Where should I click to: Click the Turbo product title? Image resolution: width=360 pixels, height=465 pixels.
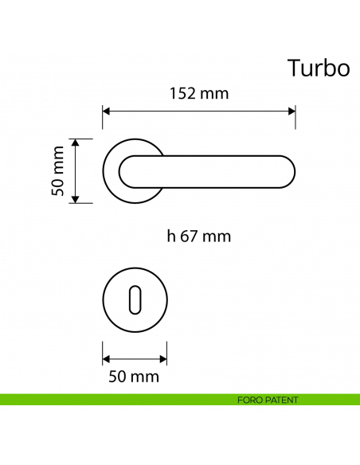pos(318,68)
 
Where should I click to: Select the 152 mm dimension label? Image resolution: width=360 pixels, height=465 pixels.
pos(199,93)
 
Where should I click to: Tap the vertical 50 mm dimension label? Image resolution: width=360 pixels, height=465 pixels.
pos(57,170)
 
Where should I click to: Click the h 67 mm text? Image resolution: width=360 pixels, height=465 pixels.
pos(199,236)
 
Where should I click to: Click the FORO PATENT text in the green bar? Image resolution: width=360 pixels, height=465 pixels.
pos(268,400)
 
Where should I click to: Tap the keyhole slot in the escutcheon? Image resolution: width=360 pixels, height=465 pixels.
pos(135,303)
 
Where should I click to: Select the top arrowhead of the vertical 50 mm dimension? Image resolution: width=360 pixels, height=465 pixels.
pos(76,143)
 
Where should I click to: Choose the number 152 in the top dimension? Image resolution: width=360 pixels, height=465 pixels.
pos(184,93)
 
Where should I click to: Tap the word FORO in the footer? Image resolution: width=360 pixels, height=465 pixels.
pos(248,400)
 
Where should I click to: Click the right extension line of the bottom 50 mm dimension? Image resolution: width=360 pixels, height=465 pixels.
pos(167,350)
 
